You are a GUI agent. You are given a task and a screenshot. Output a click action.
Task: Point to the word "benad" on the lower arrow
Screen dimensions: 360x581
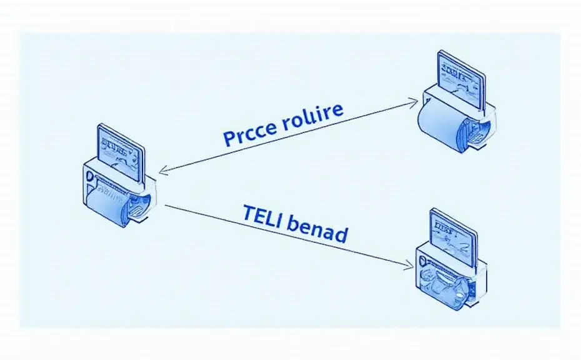pyautogui.click(x=317, y=232)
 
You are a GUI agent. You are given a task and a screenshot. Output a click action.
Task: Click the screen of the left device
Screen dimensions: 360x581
pyautogui.click(x=119, y=153)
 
